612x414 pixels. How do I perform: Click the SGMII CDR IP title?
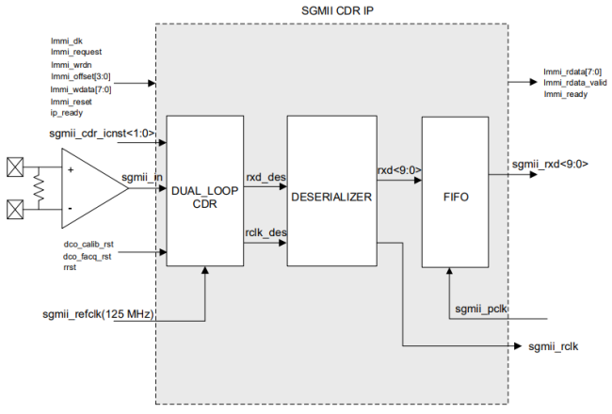pos(331,9)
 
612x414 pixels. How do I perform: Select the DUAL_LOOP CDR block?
pos(204,197)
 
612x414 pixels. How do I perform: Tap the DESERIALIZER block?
pos(330,198)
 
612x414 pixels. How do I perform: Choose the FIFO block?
pos(456,199)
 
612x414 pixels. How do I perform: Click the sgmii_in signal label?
pos(142,177)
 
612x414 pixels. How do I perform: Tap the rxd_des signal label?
pos(266,176)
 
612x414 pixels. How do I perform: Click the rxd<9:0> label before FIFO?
pos(398,169)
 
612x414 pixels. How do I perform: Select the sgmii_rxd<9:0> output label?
pos(550,164)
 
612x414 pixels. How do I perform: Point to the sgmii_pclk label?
pos(482,308)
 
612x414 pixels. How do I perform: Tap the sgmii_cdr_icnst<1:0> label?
pos(102,135)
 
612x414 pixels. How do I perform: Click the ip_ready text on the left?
pos(68,112)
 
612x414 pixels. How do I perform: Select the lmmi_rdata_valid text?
pos(575,83)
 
